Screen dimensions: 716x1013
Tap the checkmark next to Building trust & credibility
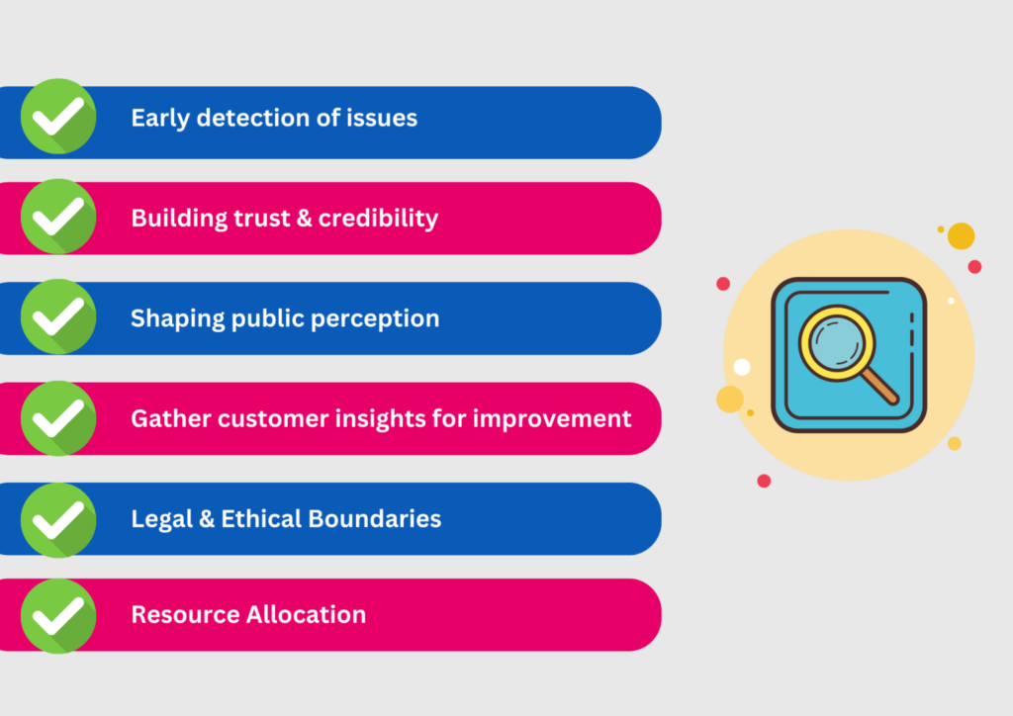58,217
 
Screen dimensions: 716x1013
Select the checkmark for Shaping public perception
58,317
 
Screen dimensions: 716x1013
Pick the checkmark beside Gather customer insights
58,418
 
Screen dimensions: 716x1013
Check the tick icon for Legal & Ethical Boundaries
58,518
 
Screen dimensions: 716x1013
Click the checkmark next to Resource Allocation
58,615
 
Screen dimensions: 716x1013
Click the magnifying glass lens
836,343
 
